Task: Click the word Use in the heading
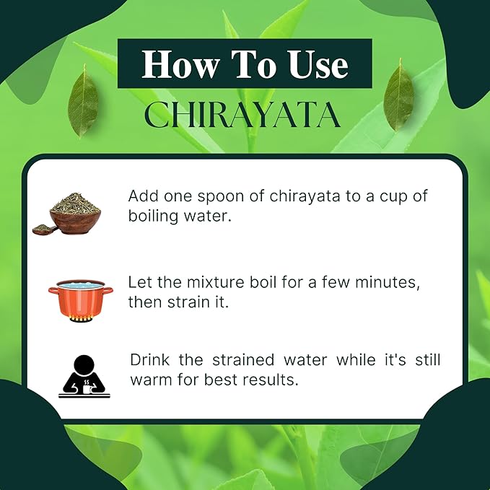pyautogui.click(x=318, y=64)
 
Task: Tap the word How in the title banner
pyautogui.click(x=180, y=64)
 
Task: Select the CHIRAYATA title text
pyautogui.click(x=242, y=114)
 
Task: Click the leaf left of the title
pyautogui.click(x=83, y=100)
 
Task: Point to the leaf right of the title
pyautogui.click(x=398, y=95)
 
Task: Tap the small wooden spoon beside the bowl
pyautogui.click(x=44, y=229)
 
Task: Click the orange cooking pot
pyautogui.click(x=81, y=299)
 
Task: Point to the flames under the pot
pyautogui.click(x=81, y=319)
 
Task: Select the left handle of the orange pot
pyautogui.click(x=53, y=291)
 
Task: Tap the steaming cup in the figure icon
pyautogui.click(x=87, y=388)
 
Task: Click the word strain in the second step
pyautogui.click(x=188, y=302)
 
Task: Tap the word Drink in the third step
pyautogui.click(x=149, y=359)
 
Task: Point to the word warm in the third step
pyautogui.click(x=152, y=380)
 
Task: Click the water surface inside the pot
pyautogui.click(x=81, y=284)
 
